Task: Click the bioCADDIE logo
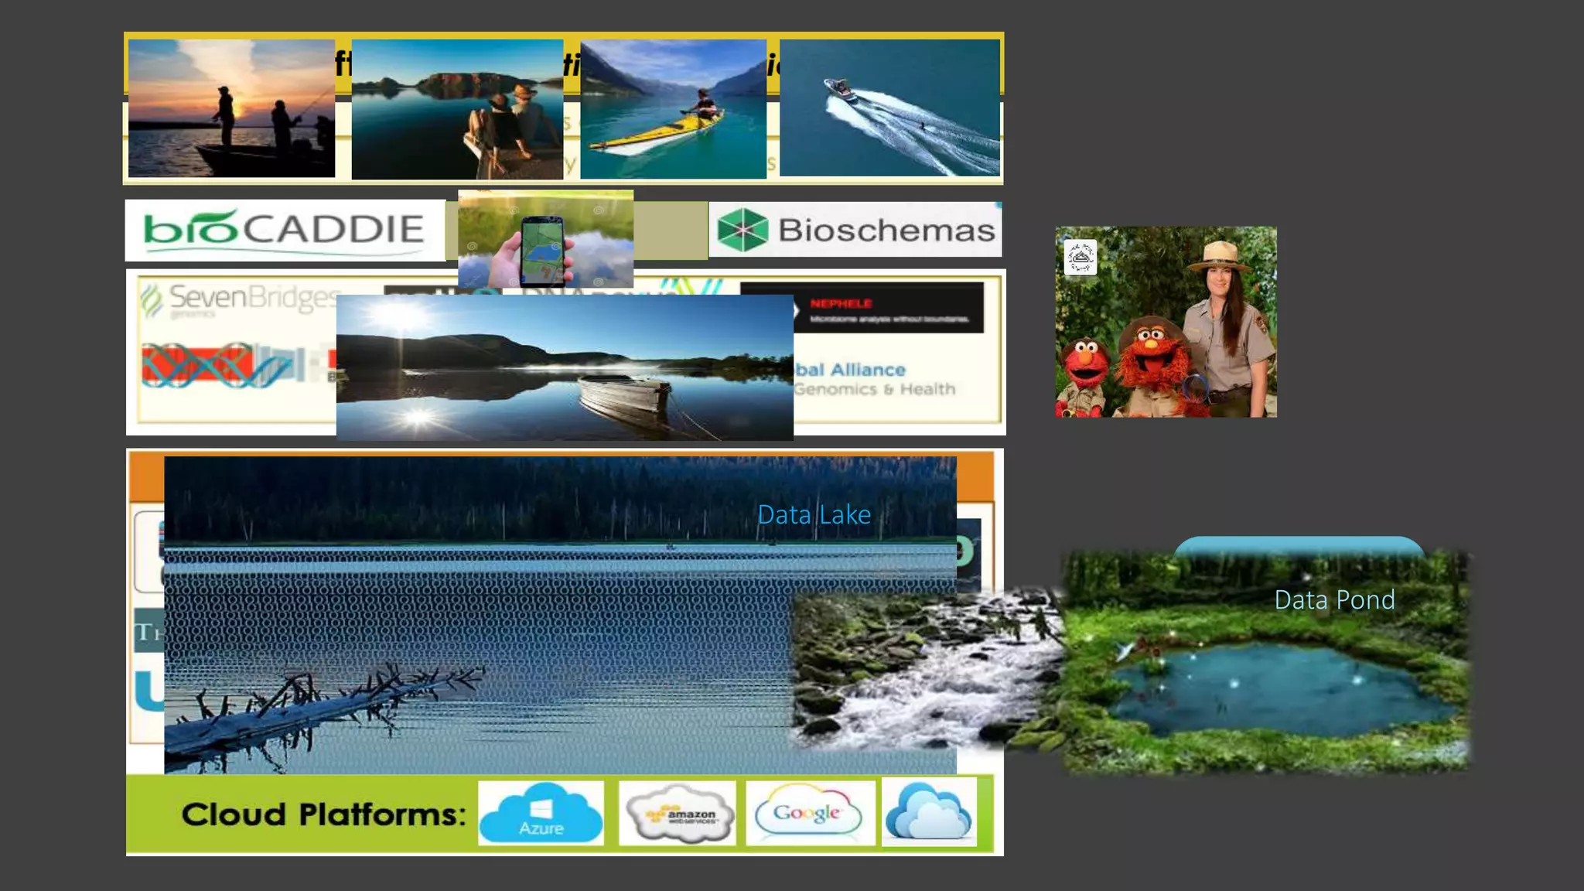(285, 230)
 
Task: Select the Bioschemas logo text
(886, 230)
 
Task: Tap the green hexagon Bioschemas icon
(742, 230)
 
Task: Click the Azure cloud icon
(541, 813)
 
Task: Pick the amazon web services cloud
(678, 814)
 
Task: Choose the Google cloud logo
(809, 813)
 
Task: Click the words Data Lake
(814, 515)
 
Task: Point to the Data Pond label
(1334, 600)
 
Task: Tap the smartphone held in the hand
(541, 250)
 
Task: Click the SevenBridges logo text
(253, 297)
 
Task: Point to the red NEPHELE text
(841, 303)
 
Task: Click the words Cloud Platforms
(323, 814)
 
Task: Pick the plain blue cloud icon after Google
(928, 812)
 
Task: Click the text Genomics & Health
(876, 389)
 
